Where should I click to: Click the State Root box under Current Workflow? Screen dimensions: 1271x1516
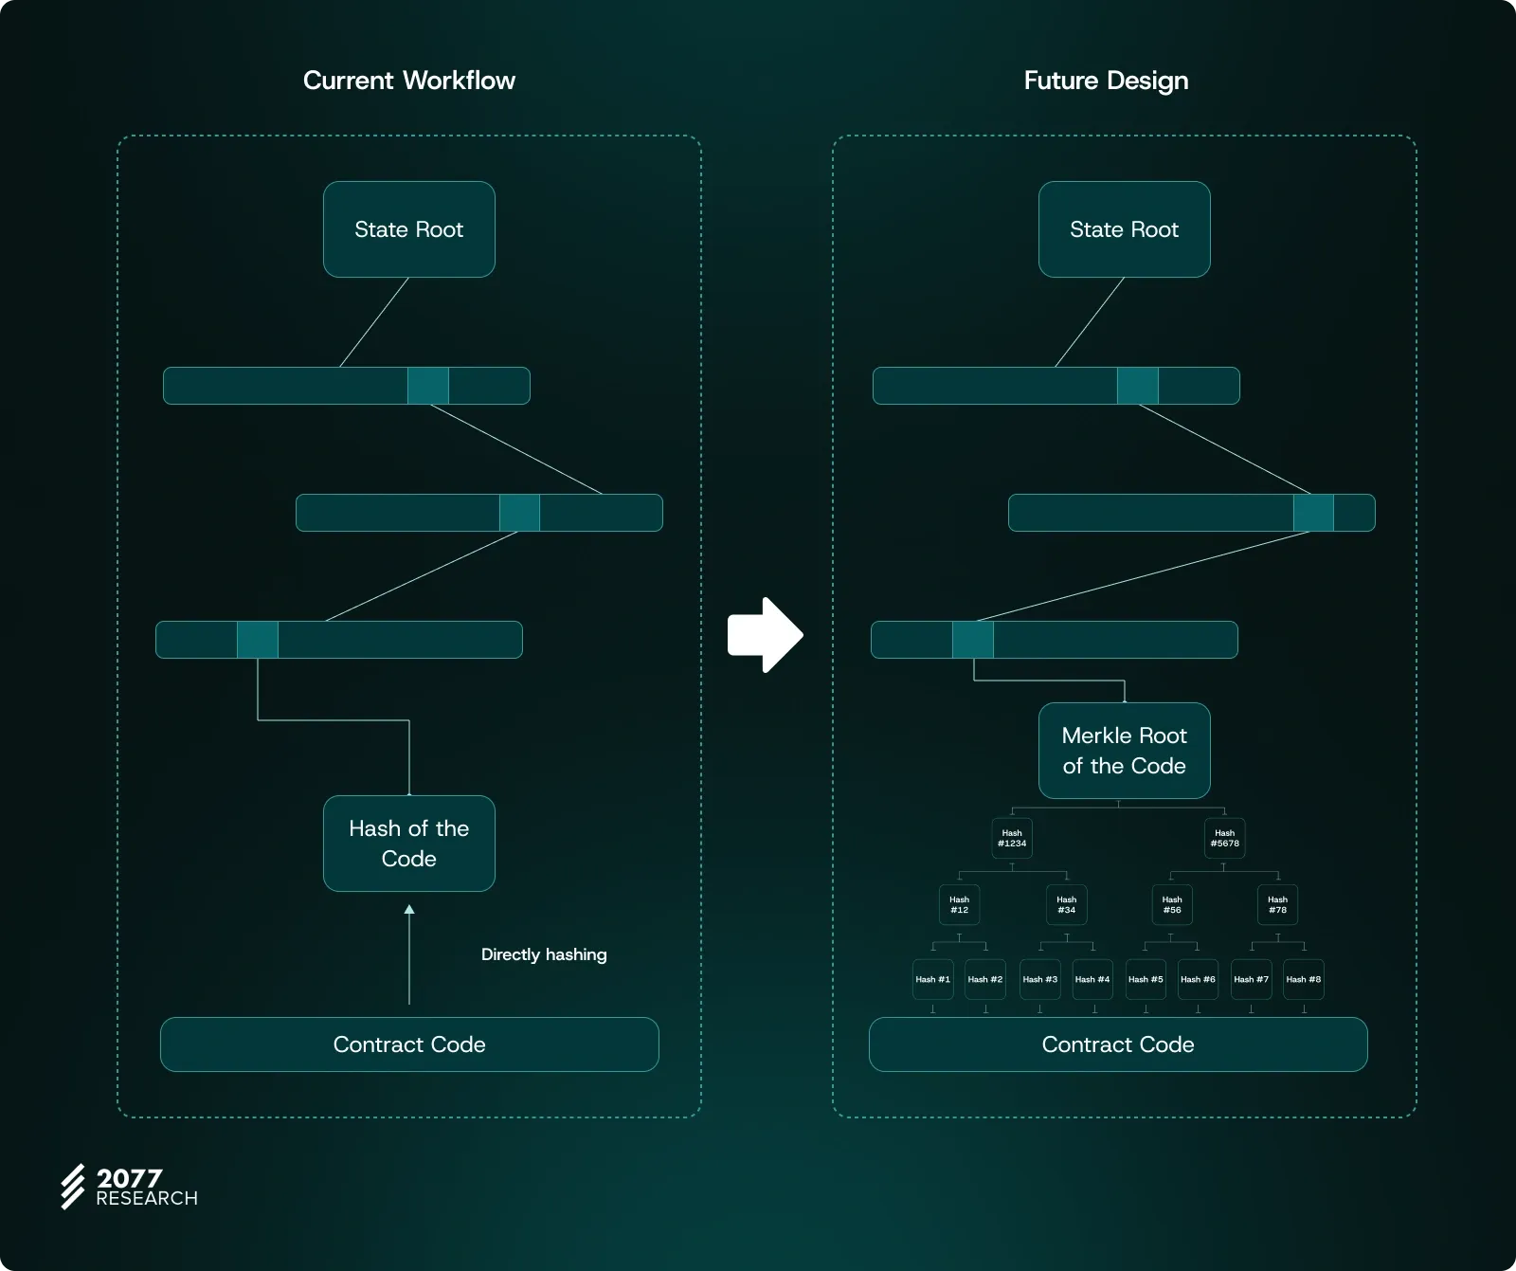tap(408, 229)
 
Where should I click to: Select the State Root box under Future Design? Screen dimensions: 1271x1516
tap(1124, 229)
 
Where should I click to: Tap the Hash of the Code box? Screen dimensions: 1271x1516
tap(408, 844)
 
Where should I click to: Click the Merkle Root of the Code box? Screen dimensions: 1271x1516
tap(1124, 751)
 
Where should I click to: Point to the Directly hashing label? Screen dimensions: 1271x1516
tap(544, 954)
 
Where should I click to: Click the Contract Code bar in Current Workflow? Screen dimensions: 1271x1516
tap(409, 1044)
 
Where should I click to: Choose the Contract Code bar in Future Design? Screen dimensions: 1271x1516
tap(1118, 1044)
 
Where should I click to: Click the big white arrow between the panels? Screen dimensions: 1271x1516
tap(765, 635)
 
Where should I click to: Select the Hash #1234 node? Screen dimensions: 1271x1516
tap(1012, 839)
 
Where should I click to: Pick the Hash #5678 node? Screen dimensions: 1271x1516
tap(1224, 839)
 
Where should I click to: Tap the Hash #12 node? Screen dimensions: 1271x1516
tap(959, 905)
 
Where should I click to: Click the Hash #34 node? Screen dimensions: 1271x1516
tap(1066, 905)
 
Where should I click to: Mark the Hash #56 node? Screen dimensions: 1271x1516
tap(1172, 905)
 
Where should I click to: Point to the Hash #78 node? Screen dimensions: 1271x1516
tap(1277, 905)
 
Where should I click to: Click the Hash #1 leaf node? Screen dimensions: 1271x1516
tap(932, 979)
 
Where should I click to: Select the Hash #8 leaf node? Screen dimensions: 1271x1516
tap(1303, 979)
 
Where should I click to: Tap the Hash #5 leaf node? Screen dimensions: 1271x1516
tap(1145, 979)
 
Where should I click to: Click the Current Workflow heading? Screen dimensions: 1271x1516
tap(409, 81)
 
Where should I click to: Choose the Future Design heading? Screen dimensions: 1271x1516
tap(1106, 81)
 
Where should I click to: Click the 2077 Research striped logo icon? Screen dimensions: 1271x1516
tap(73, 1187)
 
